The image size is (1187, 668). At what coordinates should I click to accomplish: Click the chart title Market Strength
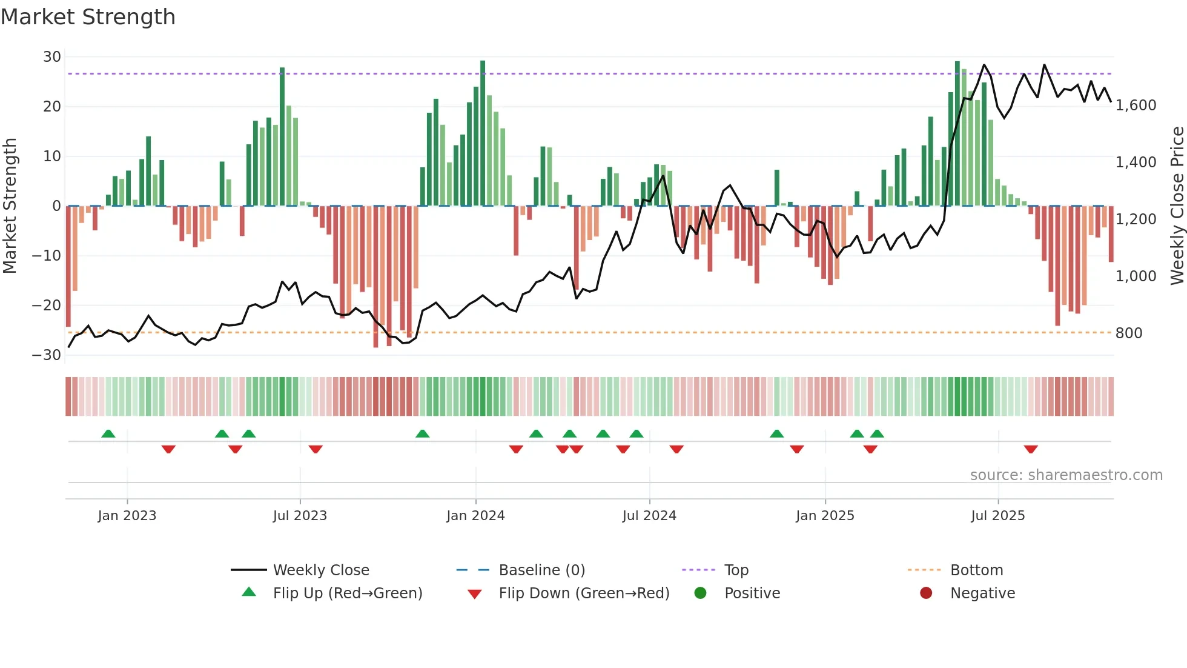click(x=88, y=17)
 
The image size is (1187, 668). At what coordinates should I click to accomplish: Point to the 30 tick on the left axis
click(x=52, y=57)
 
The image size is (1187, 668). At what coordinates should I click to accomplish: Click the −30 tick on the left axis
click(x=47, y=355)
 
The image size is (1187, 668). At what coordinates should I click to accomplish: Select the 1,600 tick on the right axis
click(x=1136, y=105)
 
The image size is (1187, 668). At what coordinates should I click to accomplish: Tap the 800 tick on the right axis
click(x=1128, y=333)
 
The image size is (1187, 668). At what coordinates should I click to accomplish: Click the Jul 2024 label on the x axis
click(x=649, y=516)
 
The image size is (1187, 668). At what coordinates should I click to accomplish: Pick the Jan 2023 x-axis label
click(x=127, y=516)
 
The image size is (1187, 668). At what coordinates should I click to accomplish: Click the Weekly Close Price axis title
click(x=1177, y=206)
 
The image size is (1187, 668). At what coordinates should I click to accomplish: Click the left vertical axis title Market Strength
click(x=10, y=206)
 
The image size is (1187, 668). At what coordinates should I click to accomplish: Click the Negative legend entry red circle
click(x=925, y=593)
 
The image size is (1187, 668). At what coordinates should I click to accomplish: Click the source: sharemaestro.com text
click(x=1066, y=475)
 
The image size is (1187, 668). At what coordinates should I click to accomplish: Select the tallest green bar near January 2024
click(x=483, y=133)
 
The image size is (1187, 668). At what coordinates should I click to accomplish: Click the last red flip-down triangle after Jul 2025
click(x=1031, y=449)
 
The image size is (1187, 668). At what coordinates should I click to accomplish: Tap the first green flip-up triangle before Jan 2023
click(x=108, y=433)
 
